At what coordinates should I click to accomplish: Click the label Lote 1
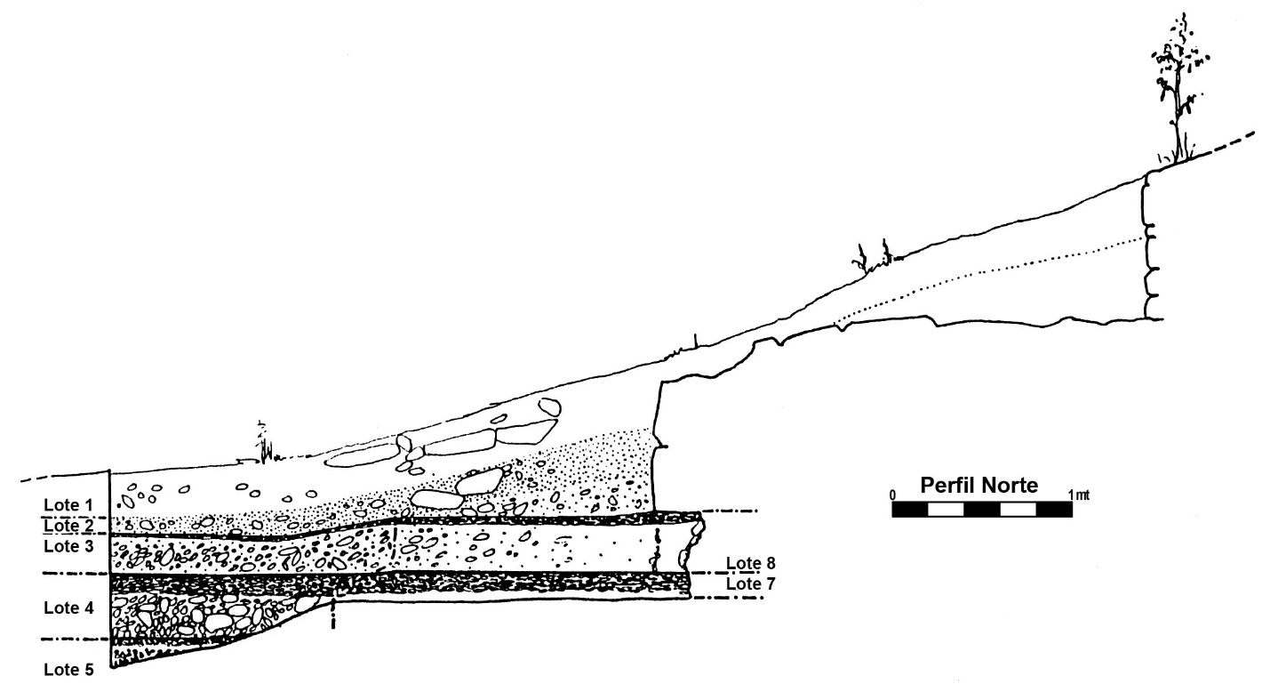pyautogui.click(x=68, y=505)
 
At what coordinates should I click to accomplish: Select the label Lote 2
pyautogui.click(x=68, y=526)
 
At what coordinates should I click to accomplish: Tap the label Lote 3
pyautogui.click(x=68, y=546)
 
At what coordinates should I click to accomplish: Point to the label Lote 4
pyautogui.click(x=68, y=608)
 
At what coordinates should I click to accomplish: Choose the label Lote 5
pyautogui.click(x=68, y=670)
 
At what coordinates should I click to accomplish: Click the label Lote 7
pyautogui.click(x=751, y=583)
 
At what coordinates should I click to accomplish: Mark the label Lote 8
pyautogui.click(x=751, y=563)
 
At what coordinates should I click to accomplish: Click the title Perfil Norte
pyautogui.click(x=979, y=486)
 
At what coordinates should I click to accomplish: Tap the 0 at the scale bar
pyautogui.click(x=893, y=495)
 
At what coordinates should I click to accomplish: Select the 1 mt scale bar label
pyautogui.click(x=1079, y=495)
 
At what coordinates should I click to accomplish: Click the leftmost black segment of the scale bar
pyautogui.click(x=910, y=510)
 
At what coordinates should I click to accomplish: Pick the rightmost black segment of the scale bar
pyautogui.click(x=1055, y=510)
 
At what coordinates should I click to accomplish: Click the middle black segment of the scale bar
pyautogui.click(x=982, y=510)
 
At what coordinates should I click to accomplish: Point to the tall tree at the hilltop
pyautogui.click(x=1178, y=91)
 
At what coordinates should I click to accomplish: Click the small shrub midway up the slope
pyautogui.click(x=873, y=257)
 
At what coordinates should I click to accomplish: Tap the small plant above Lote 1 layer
pyautogui.click(x=263, y=444)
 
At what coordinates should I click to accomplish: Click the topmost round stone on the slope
pyautogui.click(x=549, y=406)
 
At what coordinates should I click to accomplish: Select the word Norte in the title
pyautogui.click(x=1010, y=486)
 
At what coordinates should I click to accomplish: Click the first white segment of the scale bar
pyautogui.click(x=946, y=510)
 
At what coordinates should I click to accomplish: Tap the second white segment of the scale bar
pyautogui.click(x=1018, y=510)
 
